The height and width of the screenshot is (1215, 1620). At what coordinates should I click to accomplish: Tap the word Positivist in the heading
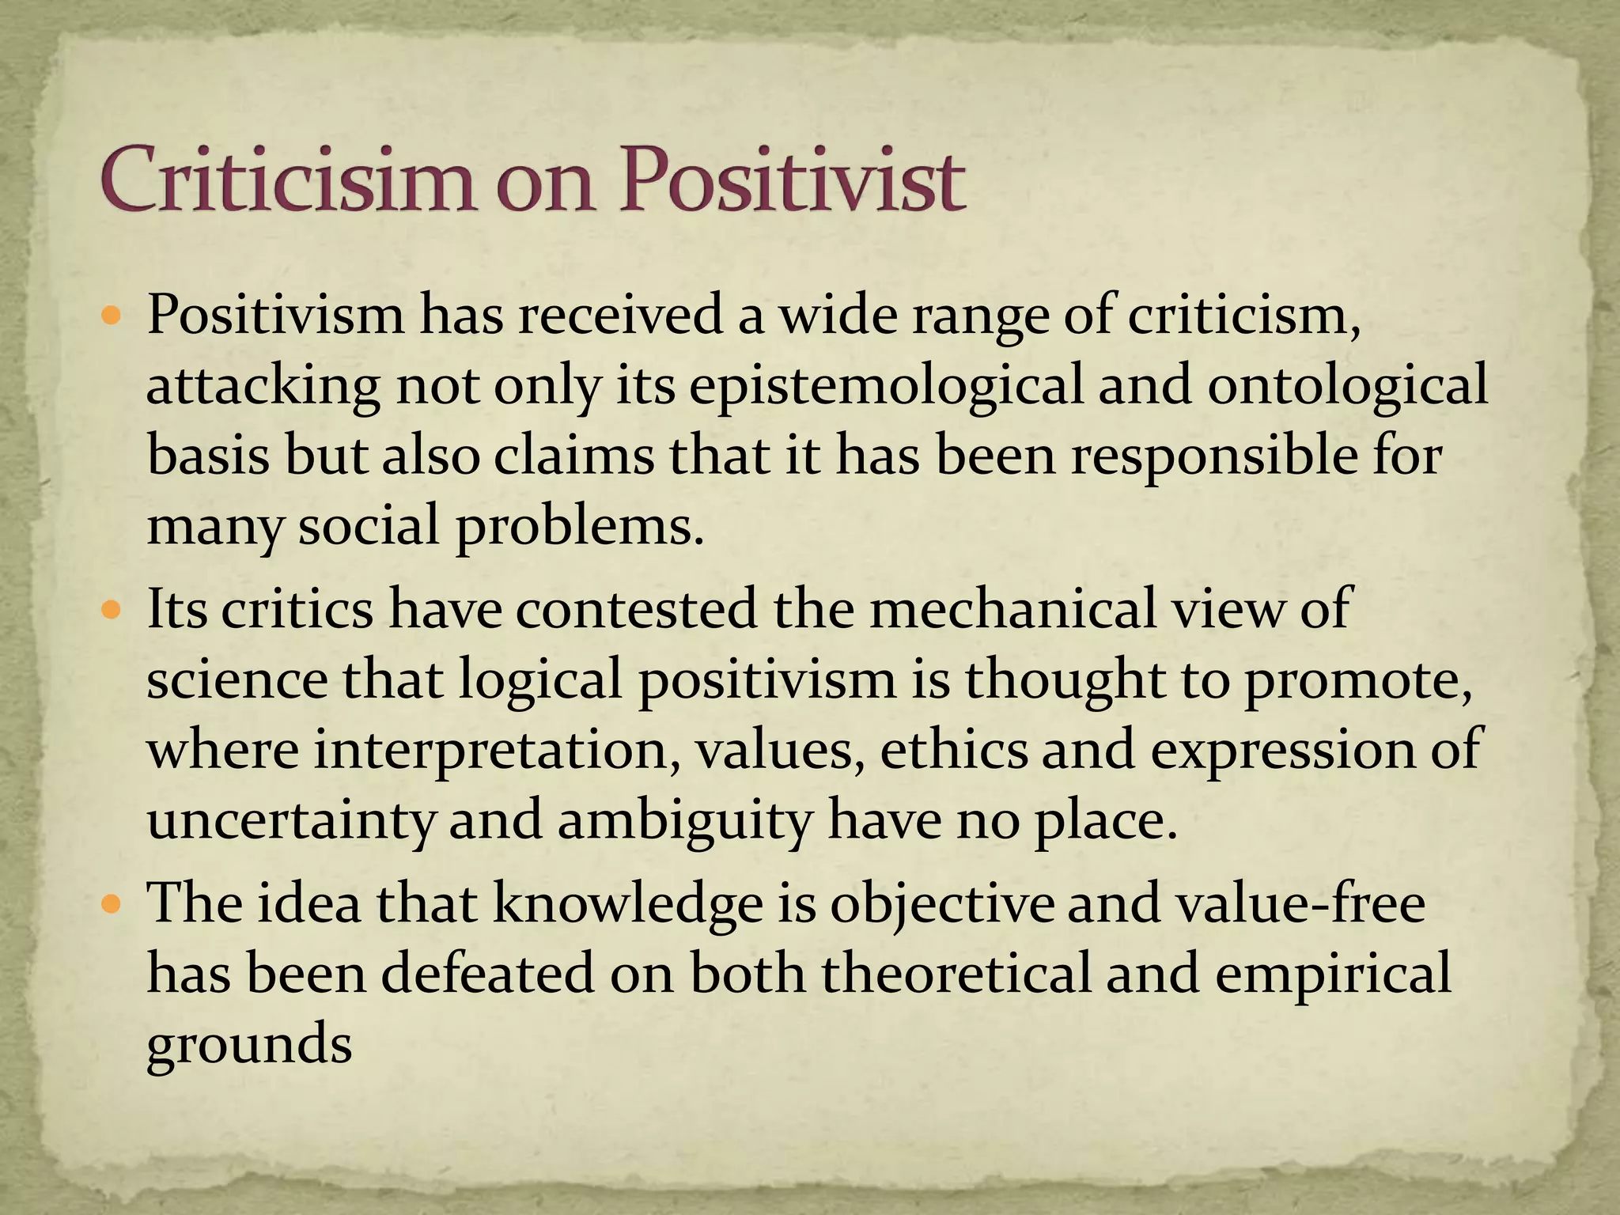point(791,180)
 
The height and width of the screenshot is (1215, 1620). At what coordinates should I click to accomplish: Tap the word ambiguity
point(685,821)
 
